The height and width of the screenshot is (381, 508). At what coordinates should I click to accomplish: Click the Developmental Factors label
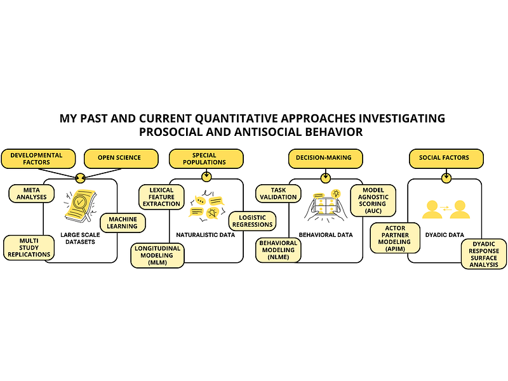(x=36, y=158)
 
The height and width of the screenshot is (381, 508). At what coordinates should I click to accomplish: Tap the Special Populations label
(x=205, y=158)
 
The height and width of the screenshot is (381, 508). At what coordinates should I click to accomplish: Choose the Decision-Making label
(x=325, y=157)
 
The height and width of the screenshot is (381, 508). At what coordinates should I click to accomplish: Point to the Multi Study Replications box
(x=28, y=247)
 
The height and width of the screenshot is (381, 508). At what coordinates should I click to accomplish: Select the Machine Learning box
(x=122, y=222)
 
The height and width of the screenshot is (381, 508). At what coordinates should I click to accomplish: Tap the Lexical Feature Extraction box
(x=161, y=197)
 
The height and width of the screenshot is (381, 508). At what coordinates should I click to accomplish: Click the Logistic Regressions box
(x=252, y=220)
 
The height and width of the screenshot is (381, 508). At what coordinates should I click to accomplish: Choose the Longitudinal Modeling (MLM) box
(x=157, y=255)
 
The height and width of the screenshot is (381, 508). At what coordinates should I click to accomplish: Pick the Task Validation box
(x=278, y=193)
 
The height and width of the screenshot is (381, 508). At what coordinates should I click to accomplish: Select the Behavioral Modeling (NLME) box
(x=278, y=250)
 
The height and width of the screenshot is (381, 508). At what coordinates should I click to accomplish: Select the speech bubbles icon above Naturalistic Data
(x=206, y=204)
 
